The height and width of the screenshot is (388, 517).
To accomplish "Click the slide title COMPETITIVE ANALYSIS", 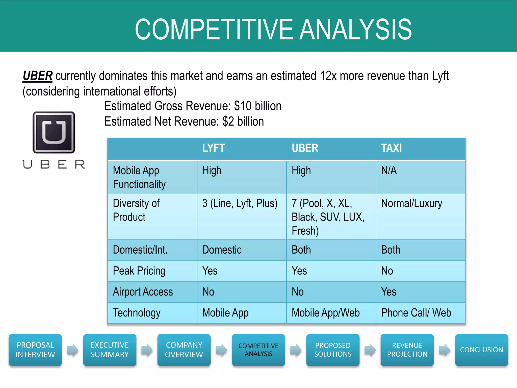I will coord(273,29).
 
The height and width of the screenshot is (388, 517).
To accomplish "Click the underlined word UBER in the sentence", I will coord(37,76).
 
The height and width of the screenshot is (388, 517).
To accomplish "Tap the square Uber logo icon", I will coord(54,132).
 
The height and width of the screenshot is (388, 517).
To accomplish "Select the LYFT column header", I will coord(213,148).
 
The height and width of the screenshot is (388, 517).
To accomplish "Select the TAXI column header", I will coord(391,148).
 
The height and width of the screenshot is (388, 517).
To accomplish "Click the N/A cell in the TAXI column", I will coord(389,171).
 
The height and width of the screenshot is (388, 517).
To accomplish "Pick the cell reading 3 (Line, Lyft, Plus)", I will coord(240,203).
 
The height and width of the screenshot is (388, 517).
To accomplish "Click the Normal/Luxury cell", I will coord(411,203).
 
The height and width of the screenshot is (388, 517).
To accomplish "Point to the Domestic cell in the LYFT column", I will coord(222,250).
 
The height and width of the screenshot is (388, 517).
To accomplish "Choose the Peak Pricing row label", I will coord(139,271).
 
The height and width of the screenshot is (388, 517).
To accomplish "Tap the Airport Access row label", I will coord(143,292).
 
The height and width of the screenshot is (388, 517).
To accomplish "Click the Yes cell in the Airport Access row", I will coord(389,292).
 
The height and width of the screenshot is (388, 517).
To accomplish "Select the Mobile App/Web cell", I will coord(325,313).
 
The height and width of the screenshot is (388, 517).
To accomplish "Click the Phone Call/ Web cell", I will coord(416,313).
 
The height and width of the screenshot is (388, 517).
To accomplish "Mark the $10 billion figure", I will coord(257,106).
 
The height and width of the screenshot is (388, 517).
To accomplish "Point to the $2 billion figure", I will coord(243,122).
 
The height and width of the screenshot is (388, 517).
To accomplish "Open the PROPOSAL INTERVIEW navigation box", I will coord(35,350).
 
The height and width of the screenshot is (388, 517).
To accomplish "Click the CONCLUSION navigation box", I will coord(481,350).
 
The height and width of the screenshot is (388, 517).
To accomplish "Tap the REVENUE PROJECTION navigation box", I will coord(407,350).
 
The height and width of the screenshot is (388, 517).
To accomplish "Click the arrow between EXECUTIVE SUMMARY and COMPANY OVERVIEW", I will coord(147,350).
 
